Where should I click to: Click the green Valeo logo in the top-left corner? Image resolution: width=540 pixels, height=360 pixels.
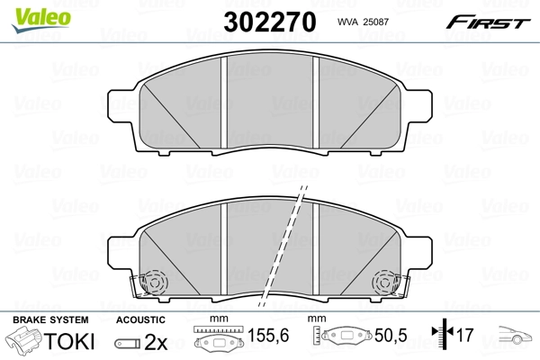click(x=31, y=12)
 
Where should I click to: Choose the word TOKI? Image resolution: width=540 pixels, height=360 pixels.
click(x=66, y=343)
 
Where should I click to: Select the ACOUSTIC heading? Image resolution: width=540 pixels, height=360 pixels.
click(x=140, y=319)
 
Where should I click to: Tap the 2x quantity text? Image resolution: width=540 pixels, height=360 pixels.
click(x=157, y=343)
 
